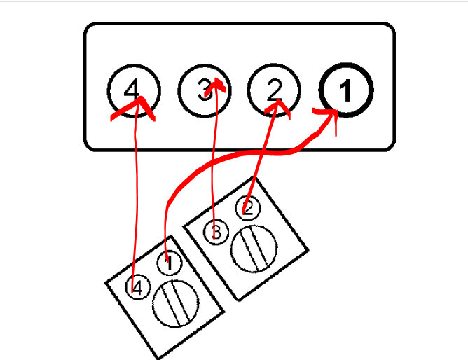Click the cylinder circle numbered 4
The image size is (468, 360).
(134, 90)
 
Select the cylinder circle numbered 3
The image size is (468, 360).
(204, 91)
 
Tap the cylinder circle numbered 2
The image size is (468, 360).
(274, 91)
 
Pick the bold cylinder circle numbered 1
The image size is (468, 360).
(345, 91)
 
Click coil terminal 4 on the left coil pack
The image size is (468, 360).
(138, 287)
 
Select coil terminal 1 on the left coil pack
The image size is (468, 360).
(168, 264)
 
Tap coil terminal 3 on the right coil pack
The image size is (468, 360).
(216, 231)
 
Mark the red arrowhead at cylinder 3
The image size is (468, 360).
(218, 85)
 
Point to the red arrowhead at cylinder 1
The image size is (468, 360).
(329, 116)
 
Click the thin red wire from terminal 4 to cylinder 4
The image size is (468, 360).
(135, 196)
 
